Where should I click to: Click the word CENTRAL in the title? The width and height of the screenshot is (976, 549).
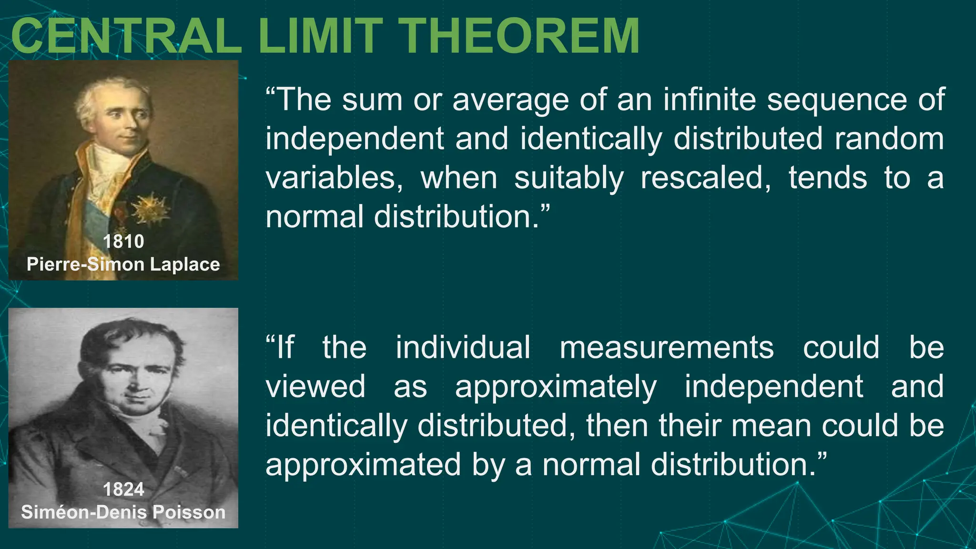(126, 37)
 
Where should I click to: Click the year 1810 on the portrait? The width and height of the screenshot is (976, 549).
(123, 242)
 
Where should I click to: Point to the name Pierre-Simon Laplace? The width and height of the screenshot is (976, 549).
(123, 264)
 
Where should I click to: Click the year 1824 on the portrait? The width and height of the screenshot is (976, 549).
(123, 489)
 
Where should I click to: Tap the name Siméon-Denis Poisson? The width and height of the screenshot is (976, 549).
(123, 512)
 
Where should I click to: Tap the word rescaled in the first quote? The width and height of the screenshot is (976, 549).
(705, 178)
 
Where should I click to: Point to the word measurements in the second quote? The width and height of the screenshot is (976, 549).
(667, 347)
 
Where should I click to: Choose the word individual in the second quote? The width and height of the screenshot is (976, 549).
(463, 347)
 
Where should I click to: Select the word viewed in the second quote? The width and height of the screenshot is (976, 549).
(315, 386)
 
